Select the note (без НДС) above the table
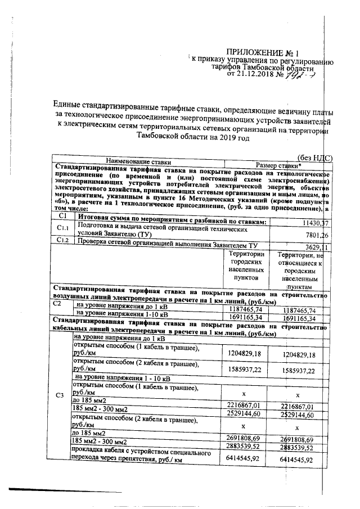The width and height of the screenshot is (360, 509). (314, 159)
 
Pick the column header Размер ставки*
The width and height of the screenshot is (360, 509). (278, 165)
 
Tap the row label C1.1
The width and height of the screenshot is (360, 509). (63, 227)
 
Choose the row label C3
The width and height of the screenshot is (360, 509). (61, 395)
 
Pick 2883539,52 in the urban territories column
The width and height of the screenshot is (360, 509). (244, 447)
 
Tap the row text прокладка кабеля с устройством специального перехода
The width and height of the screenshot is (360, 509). (141, 456)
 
